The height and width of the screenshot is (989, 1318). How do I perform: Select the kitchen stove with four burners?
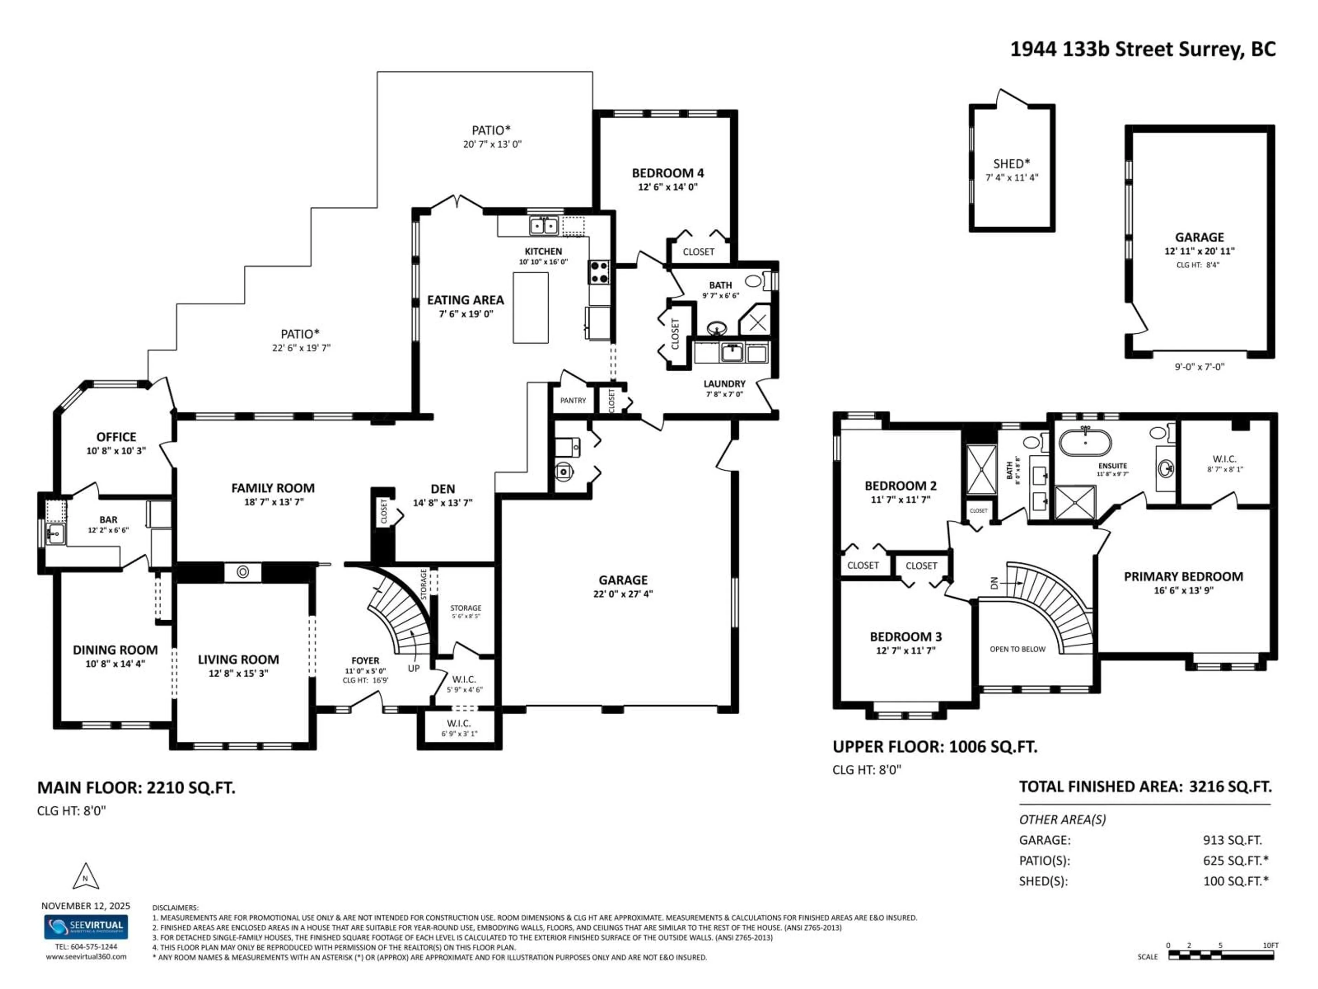click(599, 272)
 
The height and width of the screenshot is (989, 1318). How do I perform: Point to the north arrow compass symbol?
click(85, 877)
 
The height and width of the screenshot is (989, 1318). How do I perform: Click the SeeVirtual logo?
click(86, 927)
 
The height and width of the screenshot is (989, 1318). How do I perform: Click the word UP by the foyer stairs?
click(414, 668)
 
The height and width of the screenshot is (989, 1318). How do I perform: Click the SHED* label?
click(1011, 163)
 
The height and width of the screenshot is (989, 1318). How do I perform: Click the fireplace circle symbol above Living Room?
click(243, 572)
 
